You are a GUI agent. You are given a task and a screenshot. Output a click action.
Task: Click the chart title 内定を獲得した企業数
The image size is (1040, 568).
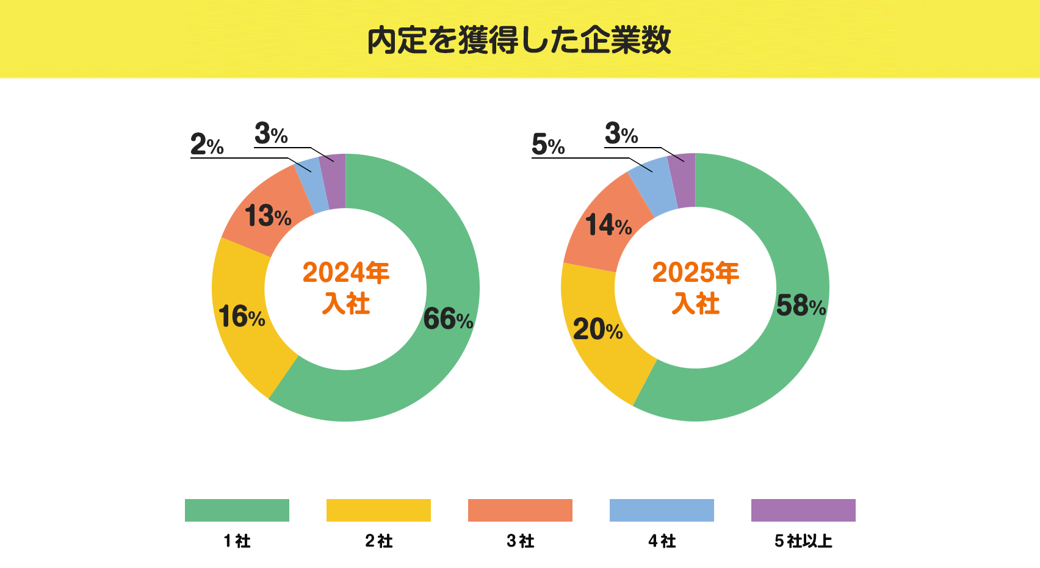[519, 40]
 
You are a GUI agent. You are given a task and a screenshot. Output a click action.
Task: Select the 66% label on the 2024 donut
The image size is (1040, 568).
[448, 318]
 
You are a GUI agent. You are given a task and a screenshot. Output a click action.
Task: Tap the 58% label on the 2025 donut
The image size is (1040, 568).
[801, 306]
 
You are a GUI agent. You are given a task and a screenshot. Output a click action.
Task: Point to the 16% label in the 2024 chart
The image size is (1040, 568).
[242, 316]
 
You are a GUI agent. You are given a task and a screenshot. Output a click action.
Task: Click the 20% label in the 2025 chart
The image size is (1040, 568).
[598, 329]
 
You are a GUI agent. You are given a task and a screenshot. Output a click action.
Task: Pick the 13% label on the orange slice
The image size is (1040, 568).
[268, 216]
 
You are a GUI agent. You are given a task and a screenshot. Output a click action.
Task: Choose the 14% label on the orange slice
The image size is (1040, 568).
[608, 225]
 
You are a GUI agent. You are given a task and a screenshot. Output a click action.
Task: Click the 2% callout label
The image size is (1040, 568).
[207, 145]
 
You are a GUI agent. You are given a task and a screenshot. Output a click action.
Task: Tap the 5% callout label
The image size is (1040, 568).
[548, 145]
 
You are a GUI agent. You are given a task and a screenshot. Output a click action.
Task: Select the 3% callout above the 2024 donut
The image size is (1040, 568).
[271, 133]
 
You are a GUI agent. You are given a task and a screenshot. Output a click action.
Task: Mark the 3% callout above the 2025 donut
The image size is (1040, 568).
[621, 133]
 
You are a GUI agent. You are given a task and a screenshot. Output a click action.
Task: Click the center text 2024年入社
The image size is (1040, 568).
[346, 287]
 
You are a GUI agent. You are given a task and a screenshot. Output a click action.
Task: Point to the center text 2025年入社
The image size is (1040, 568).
[696, 287]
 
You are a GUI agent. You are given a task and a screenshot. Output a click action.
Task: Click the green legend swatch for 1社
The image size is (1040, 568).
[237, 510]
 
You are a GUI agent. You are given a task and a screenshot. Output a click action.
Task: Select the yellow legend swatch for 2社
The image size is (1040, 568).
[378, 510]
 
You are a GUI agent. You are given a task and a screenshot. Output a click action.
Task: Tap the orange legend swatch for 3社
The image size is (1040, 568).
[520, 510]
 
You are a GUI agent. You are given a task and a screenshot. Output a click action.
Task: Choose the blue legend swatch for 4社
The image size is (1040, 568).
[662, 510]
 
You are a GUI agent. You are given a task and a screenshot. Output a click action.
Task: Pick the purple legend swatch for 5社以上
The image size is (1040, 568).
[803, 510]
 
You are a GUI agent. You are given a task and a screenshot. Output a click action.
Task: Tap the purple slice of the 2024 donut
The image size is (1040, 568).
[334, 181]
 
